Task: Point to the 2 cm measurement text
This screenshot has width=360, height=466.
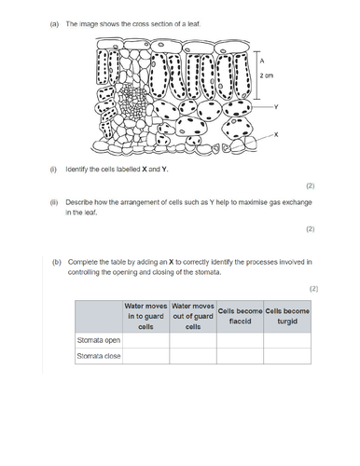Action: coord(268,74)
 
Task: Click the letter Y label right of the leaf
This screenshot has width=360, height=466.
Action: coord(277,106)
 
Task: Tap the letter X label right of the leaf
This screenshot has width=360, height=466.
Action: coord(276,134)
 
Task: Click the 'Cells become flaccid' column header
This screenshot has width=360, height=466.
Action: coord(240,315)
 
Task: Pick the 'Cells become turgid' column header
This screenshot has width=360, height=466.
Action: coord(287,315)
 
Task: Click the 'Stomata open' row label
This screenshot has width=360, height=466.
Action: coord(97,340)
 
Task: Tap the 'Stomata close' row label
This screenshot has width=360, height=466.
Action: coord(97,355)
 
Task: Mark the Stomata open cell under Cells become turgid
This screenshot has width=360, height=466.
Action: coord(287,340)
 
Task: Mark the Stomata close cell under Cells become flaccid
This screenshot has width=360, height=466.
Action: coord(240,355)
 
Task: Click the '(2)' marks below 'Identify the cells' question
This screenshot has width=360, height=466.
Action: coord(311,185)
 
